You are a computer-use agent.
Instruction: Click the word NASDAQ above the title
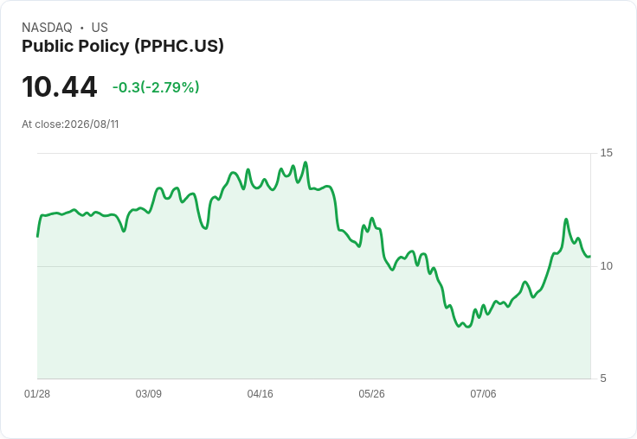pos(47,28)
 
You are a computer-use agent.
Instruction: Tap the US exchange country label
pos(100,28)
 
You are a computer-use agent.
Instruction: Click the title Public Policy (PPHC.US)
pos(123,46)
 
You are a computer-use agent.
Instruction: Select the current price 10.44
pos(60,86)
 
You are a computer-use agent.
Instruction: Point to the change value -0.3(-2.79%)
pos(156,87)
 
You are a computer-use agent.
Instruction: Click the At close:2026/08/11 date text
pos(70,124)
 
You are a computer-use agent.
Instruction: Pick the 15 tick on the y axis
pos(606,153)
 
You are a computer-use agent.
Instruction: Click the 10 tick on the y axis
pos(606,266)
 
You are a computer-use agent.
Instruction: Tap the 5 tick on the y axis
pos(603,379)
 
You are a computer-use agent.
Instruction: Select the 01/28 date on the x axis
pos(37,393)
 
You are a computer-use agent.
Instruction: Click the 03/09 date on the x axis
pos(149,393)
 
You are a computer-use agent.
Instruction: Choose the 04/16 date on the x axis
pos(260,393)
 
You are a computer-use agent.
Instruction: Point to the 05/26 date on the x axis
pos(371,393)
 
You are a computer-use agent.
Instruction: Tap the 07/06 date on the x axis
pos(483,393)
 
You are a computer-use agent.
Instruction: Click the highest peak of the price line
pos(306,162)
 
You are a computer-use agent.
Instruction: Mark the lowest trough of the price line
pos(468,327)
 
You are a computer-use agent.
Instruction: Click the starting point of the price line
pos(38,236)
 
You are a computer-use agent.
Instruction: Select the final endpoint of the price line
pos(590,256)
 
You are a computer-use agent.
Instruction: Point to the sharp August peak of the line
pos(566,219)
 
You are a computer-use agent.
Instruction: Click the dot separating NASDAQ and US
pos(82,28)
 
